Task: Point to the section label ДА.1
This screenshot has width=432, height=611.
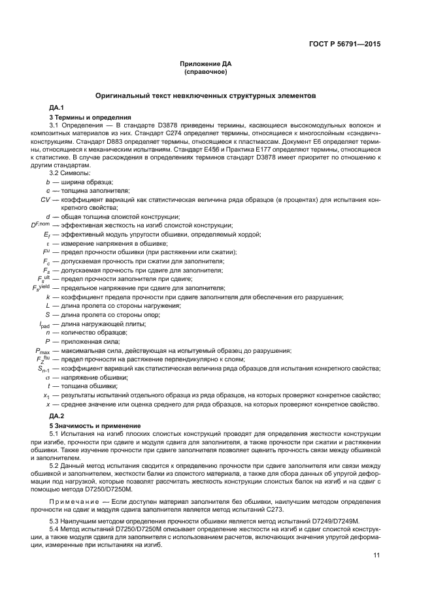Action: [56, 107]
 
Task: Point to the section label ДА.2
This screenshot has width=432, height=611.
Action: [56, 416]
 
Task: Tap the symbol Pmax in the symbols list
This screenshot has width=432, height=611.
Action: [42, 350]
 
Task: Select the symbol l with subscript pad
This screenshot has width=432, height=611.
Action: [44, 323]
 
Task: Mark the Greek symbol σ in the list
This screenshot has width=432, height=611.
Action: [48, 378]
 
